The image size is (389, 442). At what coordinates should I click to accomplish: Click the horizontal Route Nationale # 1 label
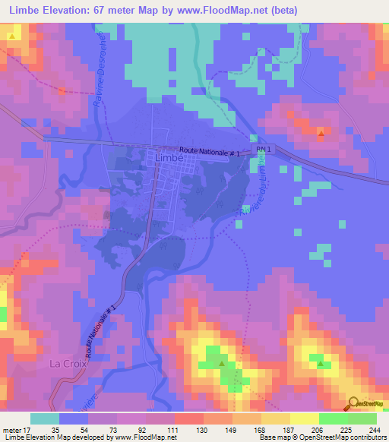pos(210,153)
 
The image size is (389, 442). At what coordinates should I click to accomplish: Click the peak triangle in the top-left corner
pos(12,36)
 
